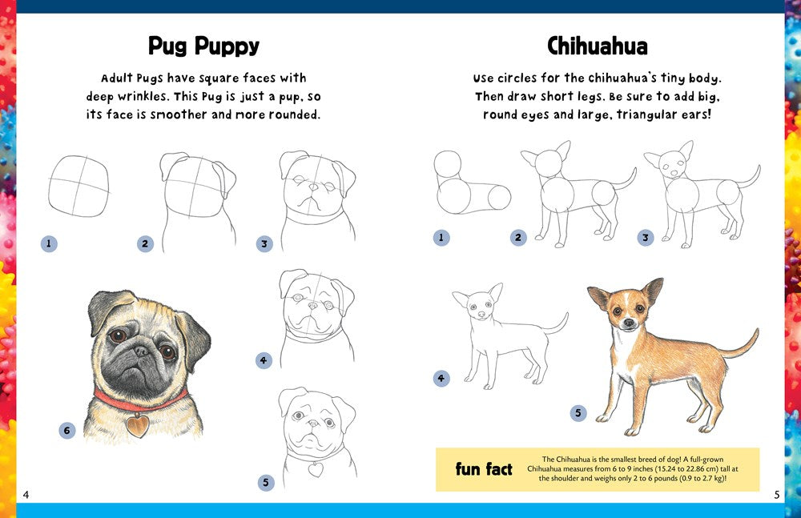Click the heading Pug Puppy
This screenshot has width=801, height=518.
(x=203, y=46)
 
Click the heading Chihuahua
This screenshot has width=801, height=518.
(x=597, y=46)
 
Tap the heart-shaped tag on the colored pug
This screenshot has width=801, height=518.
(x=138, y=424)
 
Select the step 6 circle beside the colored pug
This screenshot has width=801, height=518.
(x=67, y=431)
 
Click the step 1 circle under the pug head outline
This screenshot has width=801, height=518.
(x=48, y=243)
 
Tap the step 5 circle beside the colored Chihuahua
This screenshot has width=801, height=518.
(x=578, y=413)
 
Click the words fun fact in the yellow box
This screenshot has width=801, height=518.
(x=483, y=469)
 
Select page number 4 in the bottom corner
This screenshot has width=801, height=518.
(x=26, y=494)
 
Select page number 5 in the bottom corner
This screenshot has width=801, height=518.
(x=776, y=494)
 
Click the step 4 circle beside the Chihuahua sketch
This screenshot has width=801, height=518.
(x=441, y=379)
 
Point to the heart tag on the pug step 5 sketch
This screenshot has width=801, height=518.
(x=316, y=469)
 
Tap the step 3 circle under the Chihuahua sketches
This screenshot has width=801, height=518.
(x=646, y=238)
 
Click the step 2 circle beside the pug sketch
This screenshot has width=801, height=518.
(x=145, y=244)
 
